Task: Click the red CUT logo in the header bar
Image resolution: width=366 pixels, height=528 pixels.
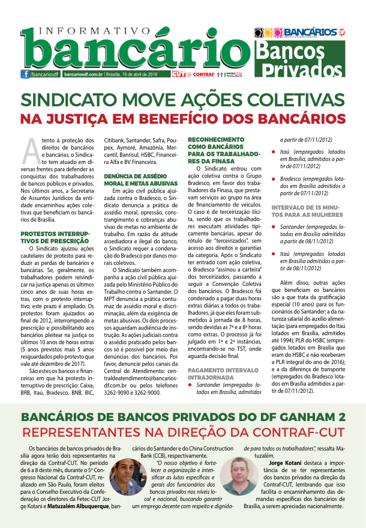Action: pos(178,74)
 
